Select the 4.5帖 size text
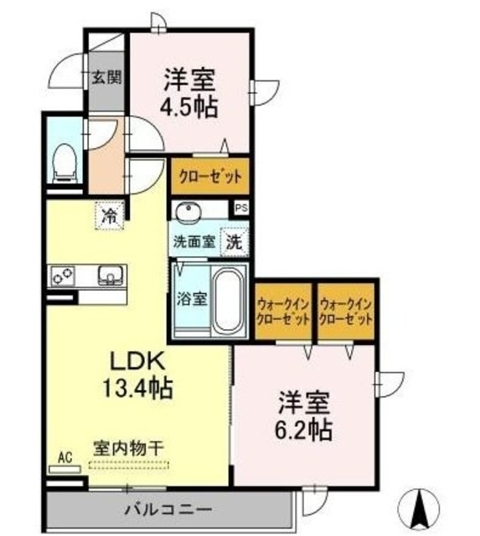tap(189, 107)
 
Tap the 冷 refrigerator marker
tap(109, 215)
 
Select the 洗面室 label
tap(194, 243)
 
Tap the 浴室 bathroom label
tap(191, 298)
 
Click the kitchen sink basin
tap(108, 274)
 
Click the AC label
tap(64, 457)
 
